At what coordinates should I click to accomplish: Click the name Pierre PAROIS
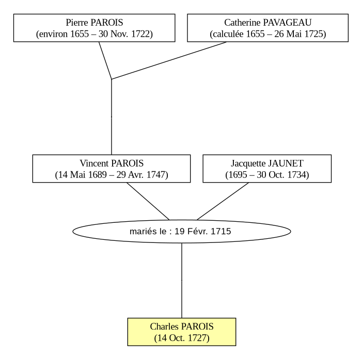click(94, 23)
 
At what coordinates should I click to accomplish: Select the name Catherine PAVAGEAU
click(268, 23)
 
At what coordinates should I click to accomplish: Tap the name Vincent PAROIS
click(112, 163)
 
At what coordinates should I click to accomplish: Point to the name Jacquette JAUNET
click(267, 163)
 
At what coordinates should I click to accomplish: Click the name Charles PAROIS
click(182, 326)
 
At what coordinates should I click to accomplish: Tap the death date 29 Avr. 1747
click(141, 174)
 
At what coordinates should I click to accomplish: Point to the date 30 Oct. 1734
click(281, 174)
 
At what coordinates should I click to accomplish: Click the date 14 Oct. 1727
click(182, 338)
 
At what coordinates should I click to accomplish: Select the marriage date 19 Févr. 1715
click(203, 231)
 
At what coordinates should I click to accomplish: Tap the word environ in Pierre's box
click(53, 34)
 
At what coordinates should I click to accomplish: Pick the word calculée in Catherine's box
click(228, 34)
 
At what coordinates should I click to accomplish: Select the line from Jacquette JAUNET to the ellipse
click(223, 201)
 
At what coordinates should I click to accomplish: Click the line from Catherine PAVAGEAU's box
click(169, 60)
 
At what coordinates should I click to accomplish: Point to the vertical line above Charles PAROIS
click(182, 281)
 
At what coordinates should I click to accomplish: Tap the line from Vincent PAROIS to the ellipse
click(148, 201)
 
